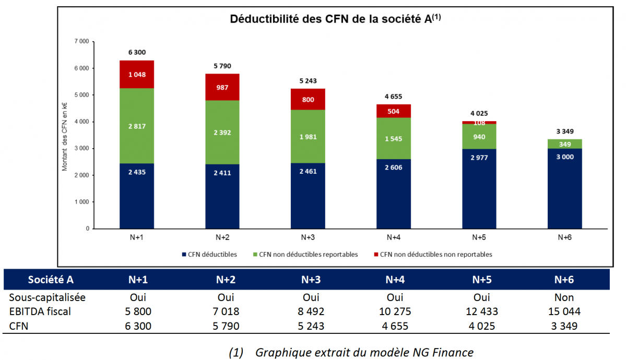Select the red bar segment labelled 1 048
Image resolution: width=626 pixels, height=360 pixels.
(x=137, y=74)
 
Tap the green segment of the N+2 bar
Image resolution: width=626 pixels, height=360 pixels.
(x=222, y=132)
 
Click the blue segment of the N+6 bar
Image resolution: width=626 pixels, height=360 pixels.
(x=564, y=188)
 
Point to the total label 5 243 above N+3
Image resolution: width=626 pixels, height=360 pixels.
(x=308, y=81)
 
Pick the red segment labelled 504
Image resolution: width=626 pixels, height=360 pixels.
(x=393, y=111)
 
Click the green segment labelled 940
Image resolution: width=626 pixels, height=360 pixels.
(x=479, y=137)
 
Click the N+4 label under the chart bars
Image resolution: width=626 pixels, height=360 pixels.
(x=393, y=237)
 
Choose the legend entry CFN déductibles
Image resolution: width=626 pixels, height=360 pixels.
(x=209, y=255)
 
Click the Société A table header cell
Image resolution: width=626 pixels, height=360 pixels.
(x=51, y=280)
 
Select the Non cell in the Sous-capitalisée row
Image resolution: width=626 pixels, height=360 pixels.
(x=564, y=297)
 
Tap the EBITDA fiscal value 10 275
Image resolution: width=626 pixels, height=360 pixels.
(x=395, y=311)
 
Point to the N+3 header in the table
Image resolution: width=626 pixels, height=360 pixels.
(x=311, y=280)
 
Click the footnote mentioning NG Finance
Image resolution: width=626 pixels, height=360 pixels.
(x=351, y=352)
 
